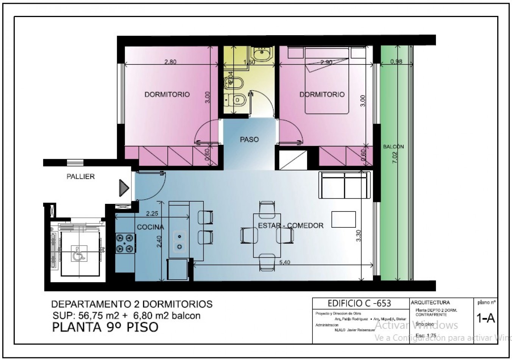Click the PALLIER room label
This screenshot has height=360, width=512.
pyautogui.click(x=80, y=177)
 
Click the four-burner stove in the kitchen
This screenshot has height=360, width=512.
pyautogui.click(x=125, y=243)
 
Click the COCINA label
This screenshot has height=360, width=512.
pyautogui.click(x=150, y=227)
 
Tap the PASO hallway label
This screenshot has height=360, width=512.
pyautogui.click(x=249, y=139)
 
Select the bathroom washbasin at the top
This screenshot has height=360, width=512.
pyautogui.click(x=261, y=54)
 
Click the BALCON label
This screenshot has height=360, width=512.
pyautogui.click(x=393, y=147)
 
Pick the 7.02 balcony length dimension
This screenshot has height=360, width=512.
pyautogui.click(x=395, y=156)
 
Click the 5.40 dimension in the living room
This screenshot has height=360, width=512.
pyautogui.click(x=284, y=262)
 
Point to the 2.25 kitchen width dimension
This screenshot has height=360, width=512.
pyautogui.click(x=152, y=213)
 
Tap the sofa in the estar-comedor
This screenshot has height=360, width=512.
pyautogui.click(x=344, y=185)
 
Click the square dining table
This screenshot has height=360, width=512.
pyautogui.click(x=267, y=235)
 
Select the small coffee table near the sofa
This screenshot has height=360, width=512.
pyautogui.click(x=343, y=219)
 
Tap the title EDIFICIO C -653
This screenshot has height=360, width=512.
pyautogui.click(x=359, y=303)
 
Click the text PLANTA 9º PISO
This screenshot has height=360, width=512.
pyautogui.click(x=105, y=327)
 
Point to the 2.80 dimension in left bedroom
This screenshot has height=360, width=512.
pyautogui.click(x=170, y=62)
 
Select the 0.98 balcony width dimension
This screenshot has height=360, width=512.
pyautogui.click(x=396, y=61)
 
